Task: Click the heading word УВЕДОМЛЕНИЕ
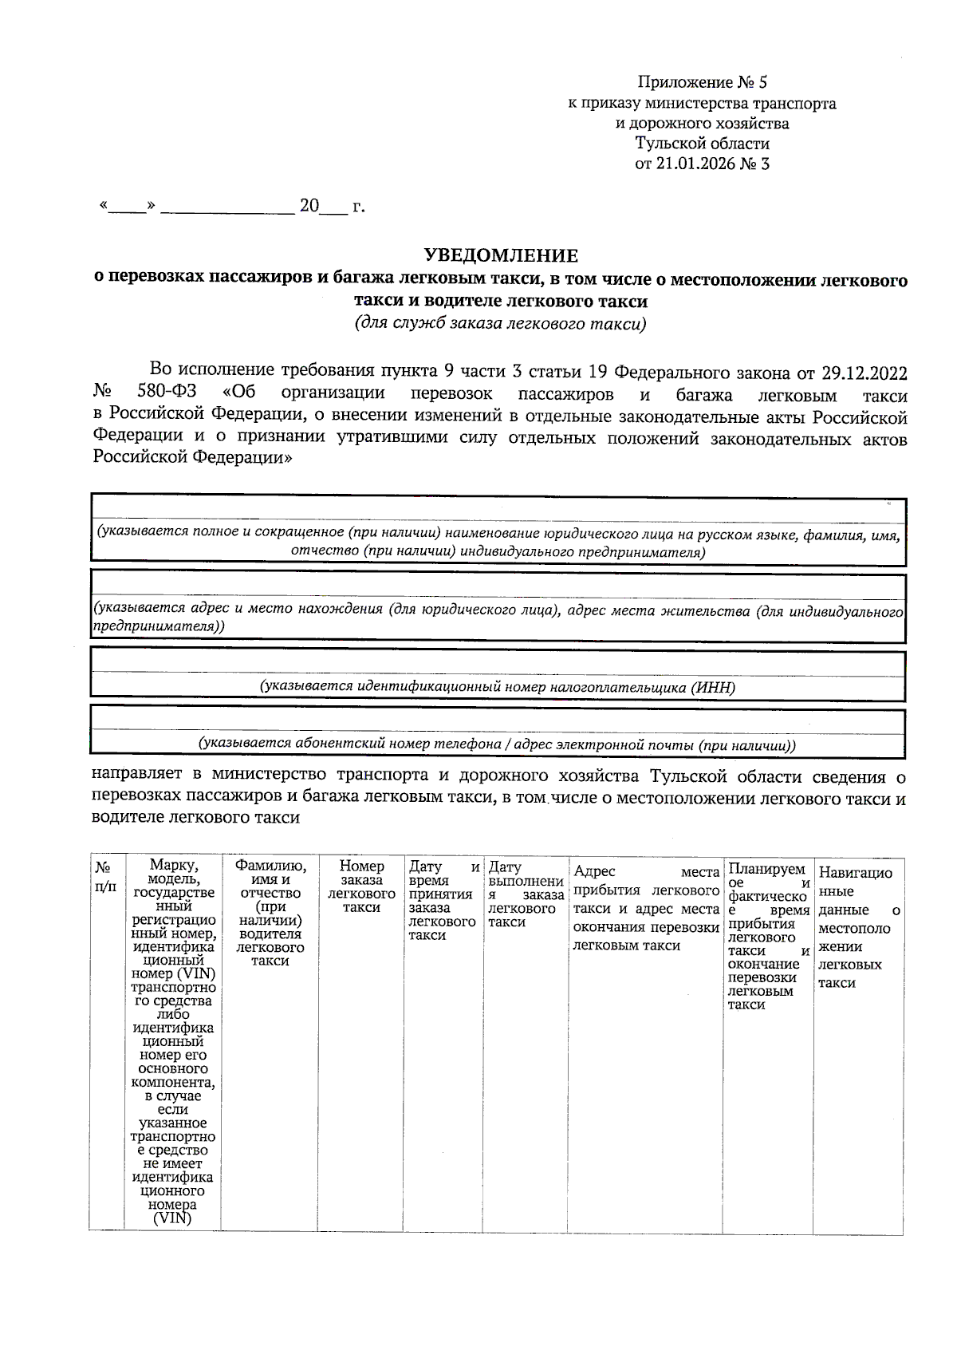tap(500, 255)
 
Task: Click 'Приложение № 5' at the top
tap(702, 82)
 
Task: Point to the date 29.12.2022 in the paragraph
tap(864, 372)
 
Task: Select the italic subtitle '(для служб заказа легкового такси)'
tap(500, 323)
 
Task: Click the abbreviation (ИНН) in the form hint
tap(713, 687)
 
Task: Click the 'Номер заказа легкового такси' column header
tap(361, 886)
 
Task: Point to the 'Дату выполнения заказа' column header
tap(526, 894)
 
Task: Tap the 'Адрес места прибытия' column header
tap(646, 908)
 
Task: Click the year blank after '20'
tap(333, 207)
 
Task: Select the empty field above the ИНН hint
tap(498, 664)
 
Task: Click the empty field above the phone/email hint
tap(498, 720)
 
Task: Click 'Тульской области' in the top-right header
tap(702, 144)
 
